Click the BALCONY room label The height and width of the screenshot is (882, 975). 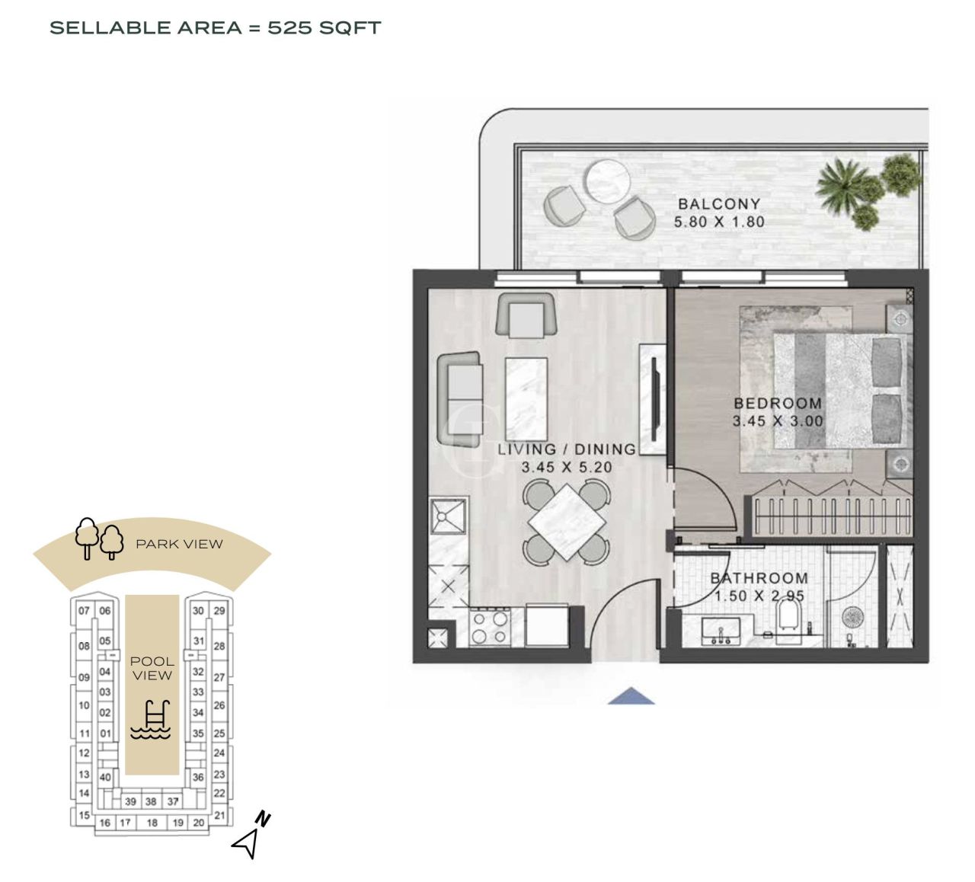click(x=718, y=204)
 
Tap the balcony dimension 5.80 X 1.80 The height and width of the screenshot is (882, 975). click(x=718, y=222)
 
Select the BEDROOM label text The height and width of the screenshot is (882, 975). click(x=777, y=403)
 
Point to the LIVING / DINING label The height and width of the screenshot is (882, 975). click(x=566, y=449)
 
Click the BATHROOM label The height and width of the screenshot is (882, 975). click(x=759, y=578)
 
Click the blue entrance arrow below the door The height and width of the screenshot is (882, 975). click(x=631, y=695)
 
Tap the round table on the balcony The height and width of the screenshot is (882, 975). click(x=607, y=180)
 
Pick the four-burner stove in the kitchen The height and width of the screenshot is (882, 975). click(x=490, y=628)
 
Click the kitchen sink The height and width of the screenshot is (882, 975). click(x=449, y=516)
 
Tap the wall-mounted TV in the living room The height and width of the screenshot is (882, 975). click(x=654, y=398)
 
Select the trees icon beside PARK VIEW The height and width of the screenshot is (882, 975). click(x=99, y=538)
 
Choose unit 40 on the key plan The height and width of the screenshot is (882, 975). click(x=105, y=778)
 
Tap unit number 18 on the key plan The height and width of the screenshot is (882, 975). click(x=152, y=823)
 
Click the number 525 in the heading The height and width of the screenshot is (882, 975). click(x=289, y=28)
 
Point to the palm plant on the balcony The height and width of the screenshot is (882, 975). click(x=844, y=185)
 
